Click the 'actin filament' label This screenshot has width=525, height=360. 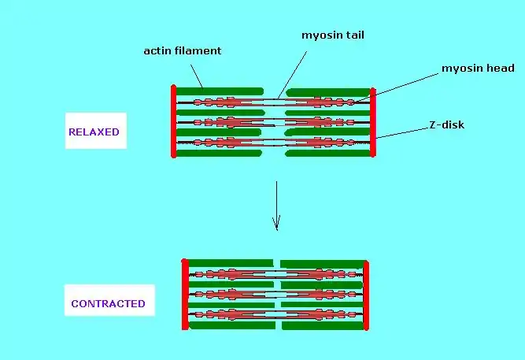click(x=182, y=51)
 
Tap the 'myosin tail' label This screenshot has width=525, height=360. click(x=331, y=35)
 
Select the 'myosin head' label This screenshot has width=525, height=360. click(x=477, y=69)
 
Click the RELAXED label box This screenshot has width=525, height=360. click(x=94, y=132)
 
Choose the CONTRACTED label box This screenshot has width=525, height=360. click(x=108, y=303)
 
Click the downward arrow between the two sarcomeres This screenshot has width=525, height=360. click(x=275, y=205)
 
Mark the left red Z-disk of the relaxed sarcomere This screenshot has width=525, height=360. click(x=173, y=121)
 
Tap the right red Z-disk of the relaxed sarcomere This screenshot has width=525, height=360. click(x=373, y=122)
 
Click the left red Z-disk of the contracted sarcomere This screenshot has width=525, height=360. click(x=185, y=294)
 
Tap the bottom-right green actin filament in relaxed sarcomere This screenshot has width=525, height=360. click(x=327, y=154)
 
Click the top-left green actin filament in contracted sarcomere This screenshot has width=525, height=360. click(x=230, y=262)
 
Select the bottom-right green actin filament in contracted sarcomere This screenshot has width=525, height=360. click(x=321, y=325)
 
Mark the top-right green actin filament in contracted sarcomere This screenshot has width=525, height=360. click(x=321, y=263)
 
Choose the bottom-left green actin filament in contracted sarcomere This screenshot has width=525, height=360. click(x=231, y=325)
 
